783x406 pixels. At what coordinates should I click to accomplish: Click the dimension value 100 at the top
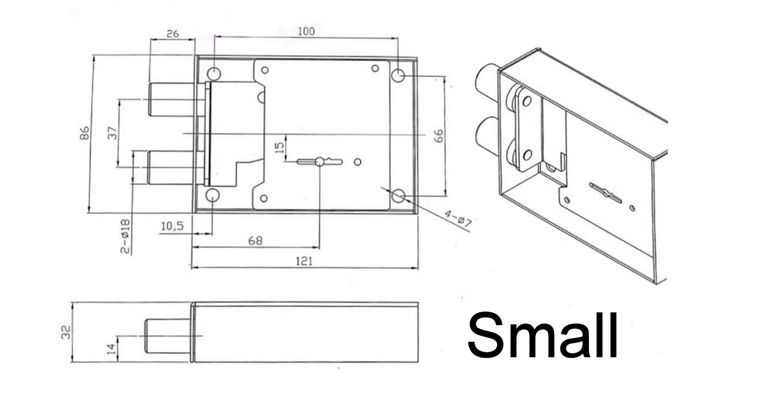click(x=306, y=31)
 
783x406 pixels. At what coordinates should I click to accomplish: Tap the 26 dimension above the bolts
click(x=172, y=34)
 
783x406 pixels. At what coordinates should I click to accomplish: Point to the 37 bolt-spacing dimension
click(x=112, y=133)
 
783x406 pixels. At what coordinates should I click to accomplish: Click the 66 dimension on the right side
click(x=439, y=136)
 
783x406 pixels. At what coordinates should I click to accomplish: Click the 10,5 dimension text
click(x=172, y=226)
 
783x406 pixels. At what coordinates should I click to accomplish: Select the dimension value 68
click(x=255, y=241)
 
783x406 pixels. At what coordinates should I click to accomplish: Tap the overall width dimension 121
click(x=304, y=261)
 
